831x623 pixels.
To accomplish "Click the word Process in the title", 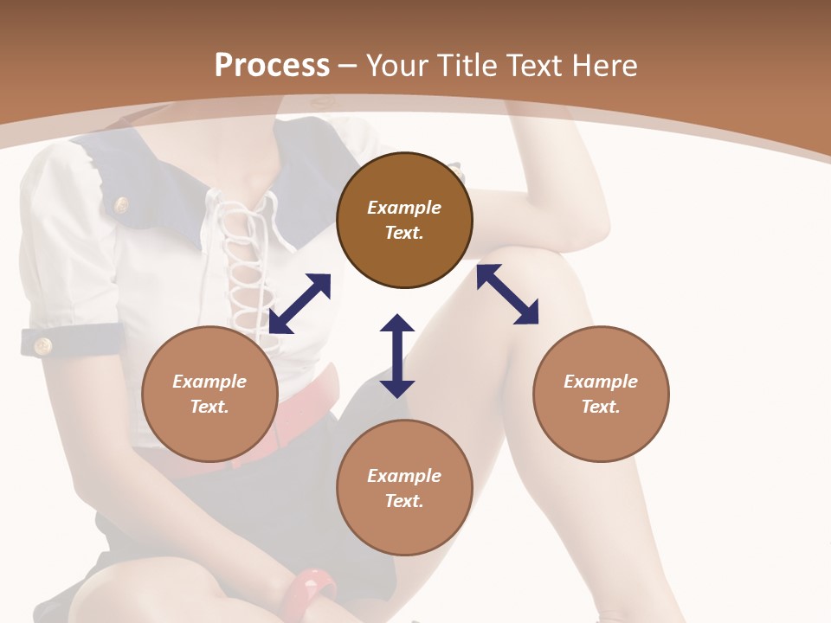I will (x=272, y=66).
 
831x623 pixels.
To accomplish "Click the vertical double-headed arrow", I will (x=397, y=356).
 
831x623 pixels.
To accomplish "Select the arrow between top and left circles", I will (x=300, y=303).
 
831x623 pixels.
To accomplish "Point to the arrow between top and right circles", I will (x=508, y=294).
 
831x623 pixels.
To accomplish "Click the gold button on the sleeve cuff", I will (x=42, y=346).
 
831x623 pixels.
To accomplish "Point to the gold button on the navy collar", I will (x=122, y=205).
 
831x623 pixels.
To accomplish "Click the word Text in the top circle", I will (x=404, y=233).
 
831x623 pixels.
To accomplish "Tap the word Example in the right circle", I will (x=601, y=382).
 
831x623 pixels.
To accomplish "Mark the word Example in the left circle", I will (x=209, y=382).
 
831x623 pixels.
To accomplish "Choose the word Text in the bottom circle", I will (x=404, y=501).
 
